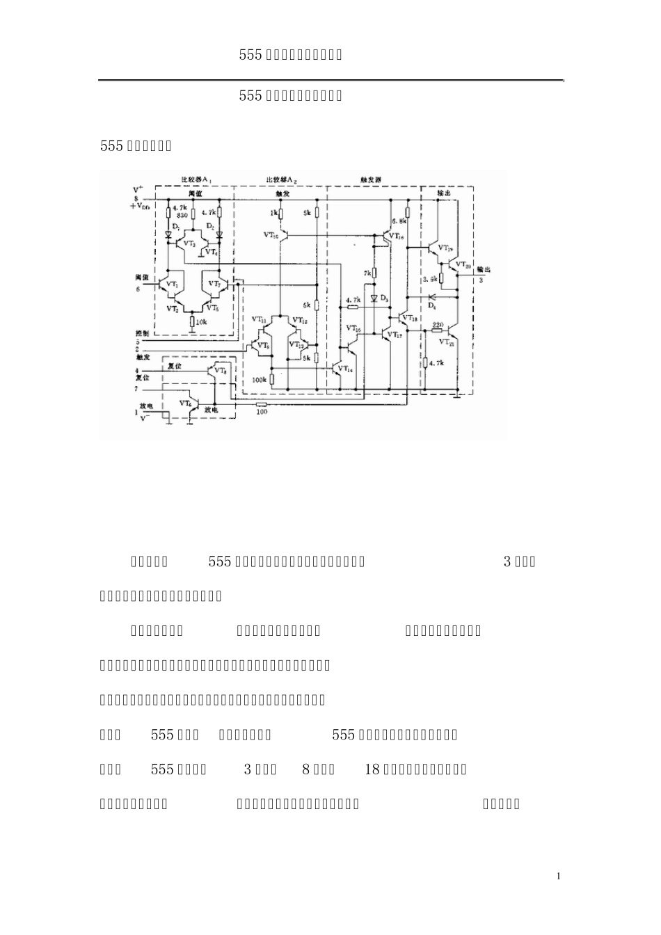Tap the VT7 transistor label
(x=214, y=284)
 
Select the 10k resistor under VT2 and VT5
(x=192, y=322)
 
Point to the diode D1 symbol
(x=168, y=235)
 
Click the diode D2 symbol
(x=220, y=235)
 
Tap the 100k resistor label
(x=260, y=380)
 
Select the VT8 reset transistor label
(x=219, y=371)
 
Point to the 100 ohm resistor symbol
(x=262, y=403)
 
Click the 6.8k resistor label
(x=398, y=221)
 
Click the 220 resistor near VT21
(x=438, y=331)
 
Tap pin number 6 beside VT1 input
(x=138, y=287)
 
